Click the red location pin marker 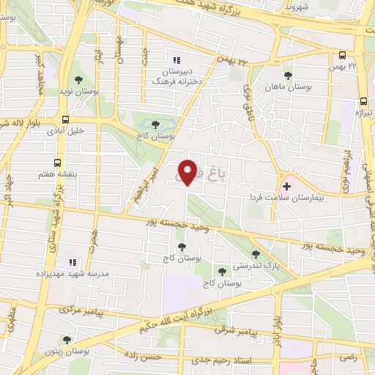coord(187,171)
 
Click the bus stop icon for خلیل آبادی coord(66,119)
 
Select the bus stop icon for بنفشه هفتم coord(58,165)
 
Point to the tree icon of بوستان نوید coord(78,81)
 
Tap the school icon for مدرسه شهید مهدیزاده coord(72,261)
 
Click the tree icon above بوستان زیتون coord(67,339)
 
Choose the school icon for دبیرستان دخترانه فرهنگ coord(175,60)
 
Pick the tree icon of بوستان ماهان coord(287,74)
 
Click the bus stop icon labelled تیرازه coord(363,102)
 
